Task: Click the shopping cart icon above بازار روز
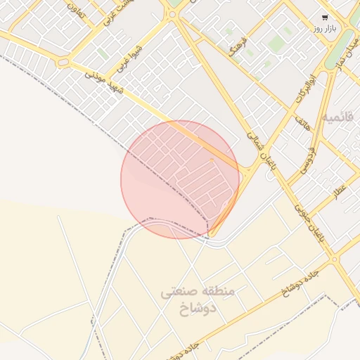[324, 18]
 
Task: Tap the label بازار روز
[328, 30]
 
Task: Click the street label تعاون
[75, 10]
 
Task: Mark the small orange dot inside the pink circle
[212, 160]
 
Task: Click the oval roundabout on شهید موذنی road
[63, 63]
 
